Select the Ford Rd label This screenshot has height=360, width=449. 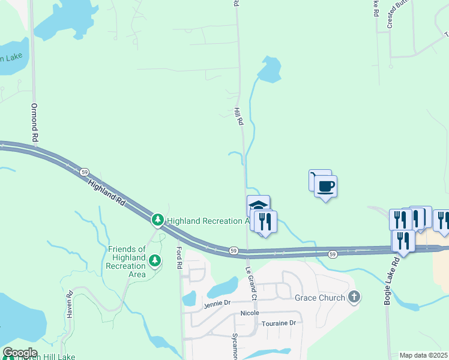[179, 257]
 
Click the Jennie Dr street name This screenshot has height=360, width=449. [217, 303]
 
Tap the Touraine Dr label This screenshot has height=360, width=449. [278, 323]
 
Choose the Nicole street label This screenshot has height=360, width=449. [250, 313]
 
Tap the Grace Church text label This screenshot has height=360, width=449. [320, 298]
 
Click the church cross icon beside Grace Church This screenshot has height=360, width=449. [354, 297]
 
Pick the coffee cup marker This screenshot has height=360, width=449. [325, 186]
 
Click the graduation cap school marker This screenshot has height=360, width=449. [258, 205]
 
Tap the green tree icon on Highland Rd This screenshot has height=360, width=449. [158, 221]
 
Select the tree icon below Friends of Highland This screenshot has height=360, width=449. [155, 260]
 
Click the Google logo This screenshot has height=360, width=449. [20, 353]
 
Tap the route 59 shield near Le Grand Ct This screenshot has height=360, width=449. [234, 250]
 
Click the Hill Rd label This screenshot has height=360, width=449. [239, 116]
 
